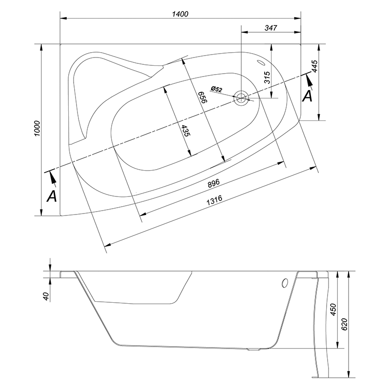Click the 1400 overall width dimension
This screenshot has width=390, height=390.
180,14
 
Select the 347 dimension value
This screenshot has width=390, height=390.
271,28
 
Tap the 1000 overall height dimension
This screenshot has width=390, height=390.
37,128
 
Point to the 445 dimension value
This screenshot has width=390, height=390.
314,66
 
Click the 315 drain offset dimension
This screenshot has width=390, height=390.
267,78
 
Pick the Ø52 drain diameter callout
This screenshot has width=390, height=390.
216,89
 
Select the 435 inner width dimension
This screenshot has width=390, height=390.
185,130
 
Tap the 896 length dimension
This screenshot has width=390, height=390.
214,183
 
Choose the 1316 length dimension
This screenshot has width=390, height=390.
214,200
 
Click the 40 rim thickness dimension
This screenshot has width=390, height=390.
46,296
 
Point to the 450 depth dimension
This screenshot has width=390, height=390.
333,309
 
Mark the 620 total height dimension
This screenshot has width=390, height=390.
345,324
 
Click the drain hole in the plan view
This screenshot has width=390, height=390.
241,98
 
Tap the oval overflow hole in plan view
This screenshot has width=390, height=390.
261,62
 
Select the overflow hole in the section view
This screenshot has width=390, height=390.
285,283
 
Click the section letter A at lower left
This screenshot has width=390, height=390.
52,196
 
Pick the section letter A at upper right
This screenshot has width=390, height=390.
308,96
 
